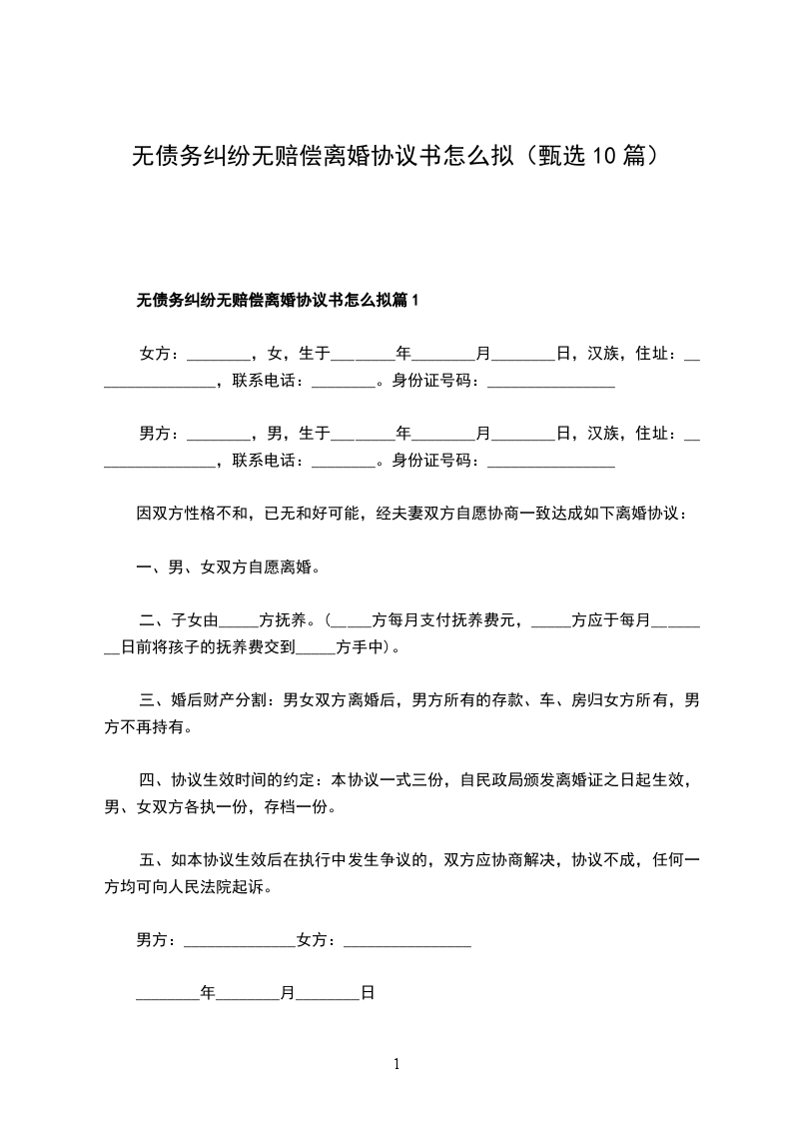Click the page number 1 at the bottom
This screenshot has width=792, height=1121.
pyautogui.click(x=396, y=1064)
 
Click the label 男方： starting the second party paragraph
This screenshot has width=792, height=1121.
pyautogui.click(x=159, y=433)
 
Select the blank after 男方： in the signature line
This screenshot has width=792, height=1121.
pyautogui.click(x=240, y=941)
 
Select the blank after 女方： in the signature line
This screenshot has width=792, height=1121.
pyautogui.click(x=406, y=941)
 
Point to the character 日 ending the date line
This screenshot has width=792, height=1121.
pyautogui.click(x=367, y=994)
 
